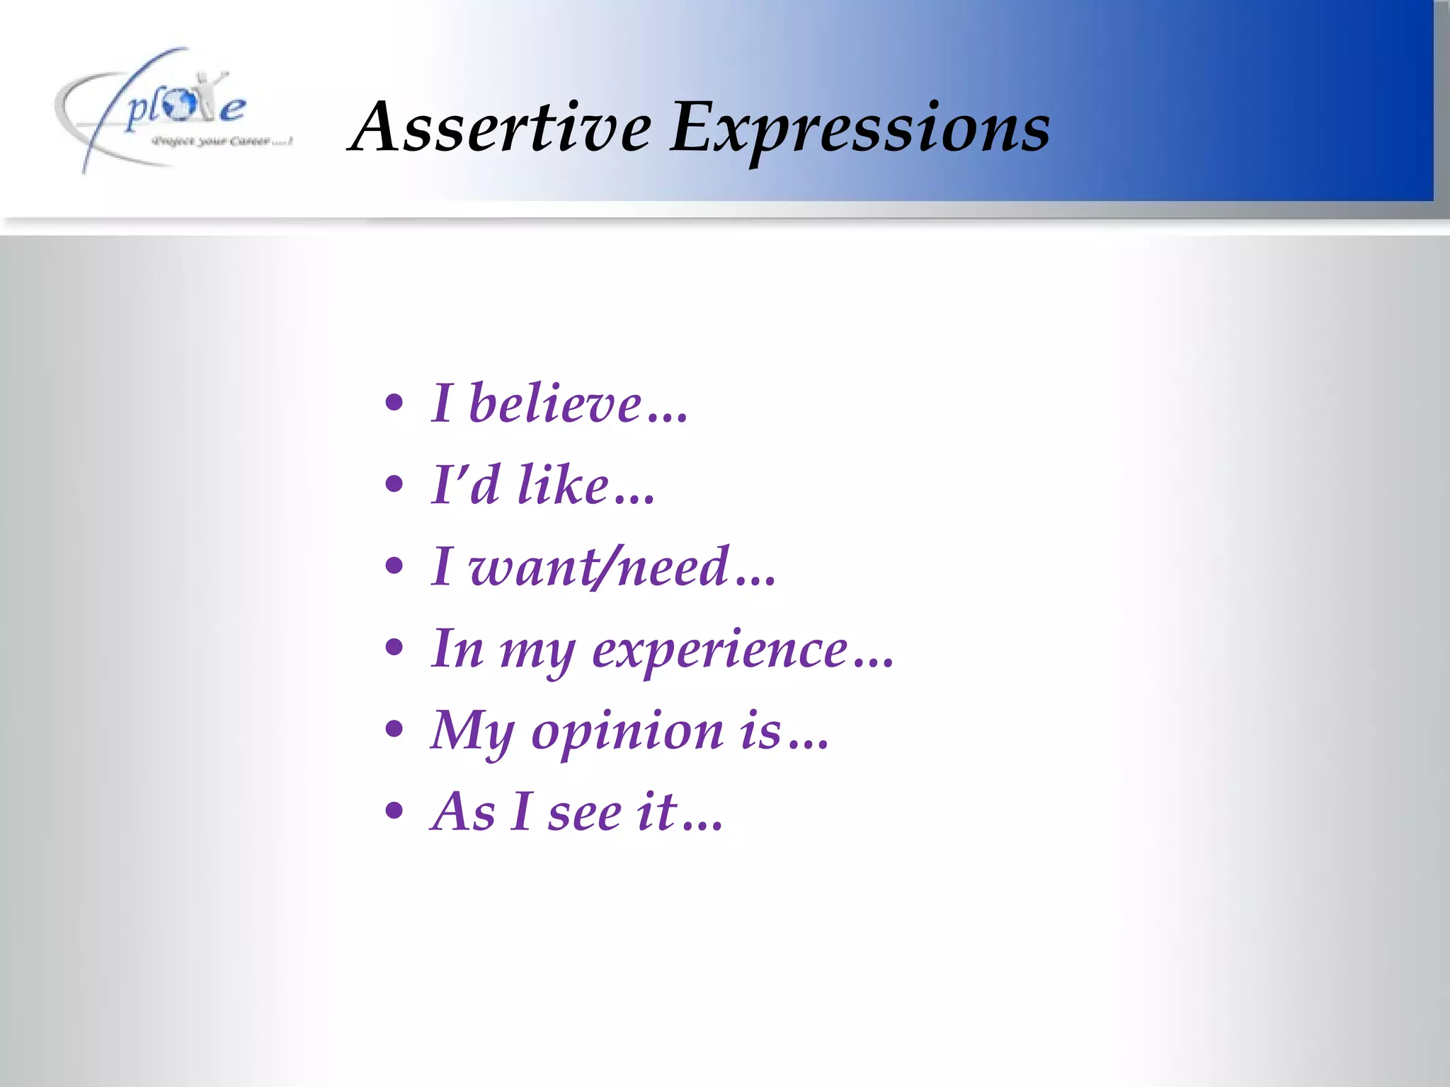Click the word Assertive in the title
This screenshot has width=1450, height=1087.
coord(501,127)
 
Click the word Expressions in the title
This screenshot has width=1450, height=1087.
coord(860,129)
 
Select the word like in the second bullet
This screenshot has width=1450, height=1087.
coord(563,485)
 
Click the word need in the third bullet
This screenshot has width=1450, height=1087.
coord(673,568)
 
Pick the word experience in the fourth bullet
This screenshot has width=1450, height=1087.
coord(719,650)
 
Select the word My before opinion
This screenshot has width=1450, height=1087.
coord(472,732)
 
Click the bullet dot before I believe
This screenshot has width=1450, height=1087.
coord(394,403)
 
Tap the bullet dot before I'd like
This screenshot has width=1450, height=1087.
coord(394,485)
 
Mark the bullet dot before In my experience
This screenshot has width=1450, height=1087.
coord(394,648)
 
